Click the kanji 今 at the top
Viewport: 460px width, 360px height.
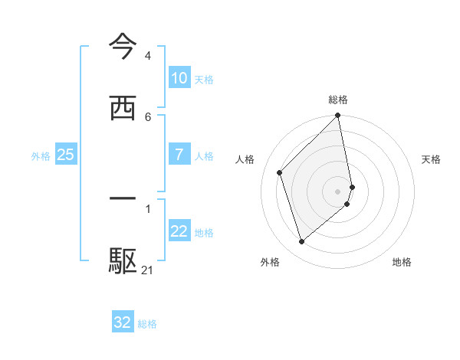tap(123, 47)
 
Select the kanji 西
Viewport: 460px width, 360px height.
tap(123, 107)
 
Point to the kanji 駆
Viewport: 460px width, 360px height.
tap(123, 260)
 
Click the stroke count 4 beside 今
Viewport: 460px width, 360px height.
tap(147, 56)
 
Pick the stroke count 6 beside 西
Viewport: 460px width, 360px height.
tap(147, 116)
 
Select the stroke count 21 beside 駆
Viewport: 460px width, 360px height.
tap(148, 270)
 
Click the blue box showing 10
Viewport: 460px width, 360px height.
tap(179, 78)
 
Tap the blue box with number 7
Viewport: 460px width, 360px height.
tap(179, 155)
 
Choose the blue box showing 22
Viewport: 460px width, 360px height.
tap(179, 231)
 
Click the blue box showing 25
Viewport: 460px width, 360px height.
tap(65, 155)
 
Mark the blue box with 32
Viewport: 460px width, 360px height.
tap(123, 322)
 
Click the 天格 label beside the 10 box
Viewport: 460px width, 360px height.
tap(204, 80)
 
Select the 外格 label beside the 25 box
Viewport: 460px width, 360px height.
tap(41, 156)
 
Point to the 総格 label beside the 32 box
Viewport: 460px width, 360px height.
tap(147, 324)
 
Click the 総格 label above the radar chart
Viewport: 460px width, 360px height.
tap(338, 100)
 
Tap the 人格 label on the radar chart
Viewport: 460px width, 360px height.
tap(245, 159)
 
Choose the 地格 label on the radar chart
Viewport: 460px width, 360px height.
tap(402, 262)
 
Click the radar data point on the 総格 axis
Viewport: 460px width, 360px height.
tap(338, 116)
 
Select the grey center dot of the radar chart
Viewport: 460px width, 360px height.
tap(338, 191)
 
